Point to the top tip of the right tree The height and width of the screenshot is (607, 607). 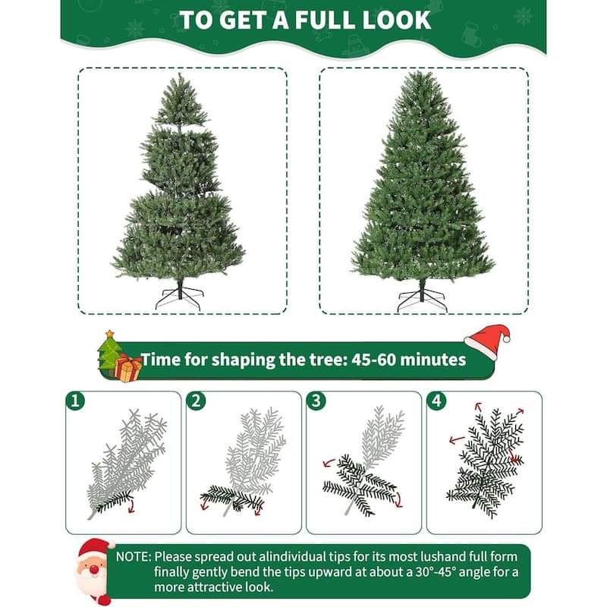coord(418,74)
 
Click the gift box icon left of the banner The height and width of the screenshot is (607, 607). coord(128,368)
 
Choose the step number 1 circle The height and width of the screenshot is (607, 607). coord(74,400)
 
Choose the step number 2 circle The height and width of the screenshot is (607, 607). coord(195,400)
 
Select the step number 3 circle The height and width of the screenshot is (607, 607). coord(315,400)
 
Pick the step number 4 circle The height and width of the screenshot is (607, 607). coord(436,400)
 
